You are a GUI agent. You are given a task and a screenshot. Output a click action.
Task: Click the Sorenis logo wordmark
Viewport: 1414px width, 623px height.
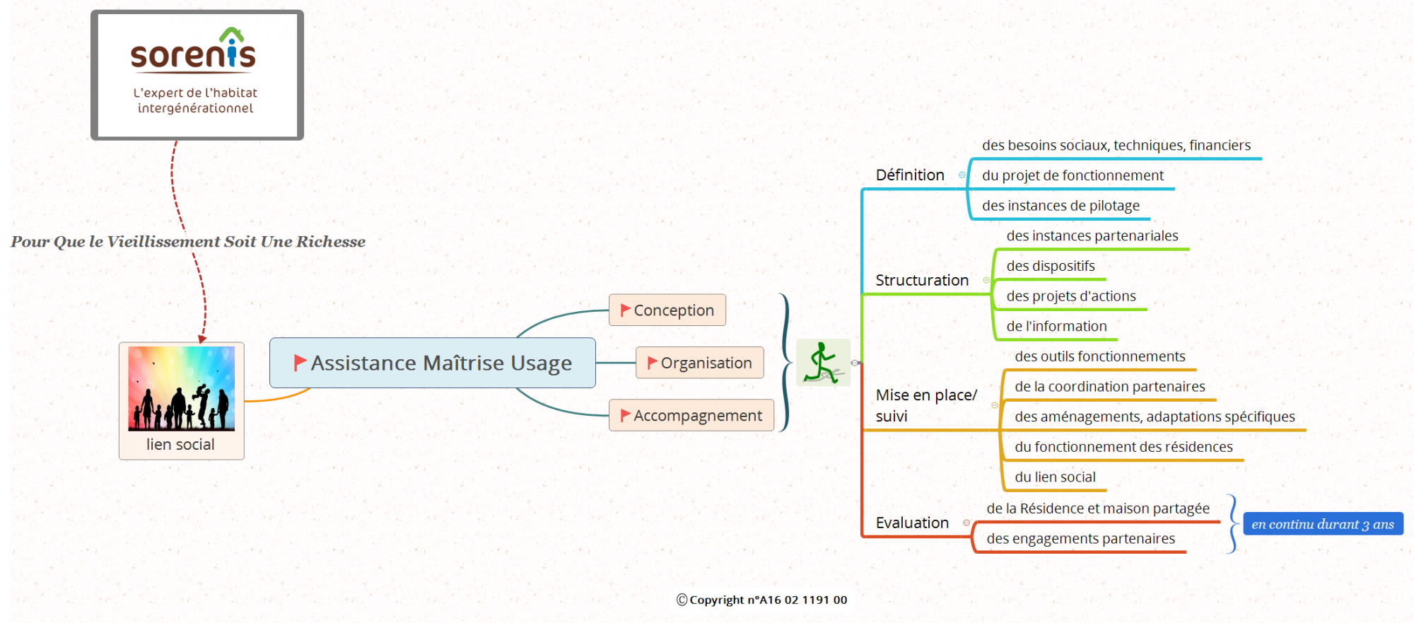[193, 54]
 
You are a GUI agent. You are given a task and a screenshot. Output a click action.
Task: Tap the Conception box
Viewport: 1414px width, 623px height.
[667, 310]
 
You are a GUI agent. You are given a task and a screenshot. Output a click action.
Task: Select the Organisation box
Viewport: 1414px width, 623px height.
[699, 363]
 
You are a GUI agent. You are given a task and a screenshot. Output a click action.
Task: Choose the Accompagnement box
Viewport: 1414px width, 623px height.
[691, 416]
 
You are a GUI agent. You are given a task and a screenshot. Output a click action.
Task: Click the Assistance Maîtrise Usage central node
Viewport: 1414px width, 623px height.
[433, 363]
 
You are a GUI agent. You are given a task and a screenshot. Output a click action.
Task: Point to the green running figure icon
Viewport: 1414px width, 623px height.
[822, 362]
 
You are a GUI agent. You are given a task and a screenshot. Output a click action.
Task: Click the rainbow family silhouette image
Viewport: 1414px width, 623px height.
[181, 388]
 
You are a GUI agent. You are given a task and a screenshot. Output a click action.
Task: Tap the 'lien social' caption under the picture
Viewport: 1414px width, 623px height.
[180, 445]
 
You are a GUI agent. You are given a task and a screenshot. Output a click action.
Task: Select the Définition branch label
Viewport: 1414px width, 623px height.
[910, 175]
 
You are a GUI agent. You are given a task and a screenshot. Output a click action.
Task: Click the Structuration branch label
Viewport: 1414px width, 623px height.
[922, 281]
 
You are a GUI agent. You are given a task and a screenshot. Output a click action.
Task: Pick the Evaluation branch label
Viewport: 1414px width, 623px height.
[912, 523]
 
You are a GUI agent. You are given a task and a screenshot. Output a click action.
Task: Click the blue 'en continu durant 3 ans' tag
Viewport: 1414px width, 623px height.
[1322, 524]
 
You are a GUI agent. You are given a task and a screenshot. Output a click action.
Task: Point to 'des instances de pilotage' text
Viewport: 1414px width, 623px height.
[1060, 206]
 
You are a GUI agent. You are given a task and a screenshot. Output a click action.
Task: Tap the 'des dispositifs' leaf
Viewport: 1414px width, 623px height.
[1051, 266]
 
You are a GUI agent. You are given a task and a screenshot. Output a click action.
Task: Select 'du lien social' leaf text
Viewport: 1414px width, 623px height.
[1055, 477]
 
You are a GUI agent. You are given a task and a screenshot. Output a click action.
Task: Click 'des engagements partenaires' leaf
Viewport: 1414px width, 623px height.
[1080, 539]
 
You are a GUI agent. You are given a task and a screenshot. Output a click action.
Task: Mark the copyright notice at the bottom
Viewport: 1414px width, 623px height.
[761, 600]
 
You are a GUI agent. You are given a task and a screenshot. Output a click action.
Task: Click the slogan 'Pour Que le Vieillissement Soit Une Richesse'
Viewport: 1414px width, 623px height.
[188, 242]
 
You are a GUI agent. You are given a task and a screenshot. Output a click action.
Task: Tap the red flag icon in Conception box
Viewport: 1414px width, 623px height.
[625, 310]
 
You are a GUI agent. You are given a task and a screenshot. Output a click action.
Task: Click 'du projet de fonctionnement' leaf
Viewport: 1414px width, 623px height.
[1073, 175]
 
